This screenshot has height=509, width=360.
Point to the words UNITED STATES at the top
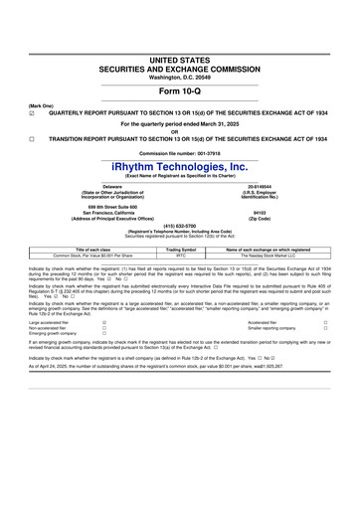(180, 61)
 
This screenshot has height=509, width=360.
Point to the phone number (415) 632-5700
(180, 225)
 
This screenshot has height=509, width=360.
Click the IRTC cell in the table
(181, 254)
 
